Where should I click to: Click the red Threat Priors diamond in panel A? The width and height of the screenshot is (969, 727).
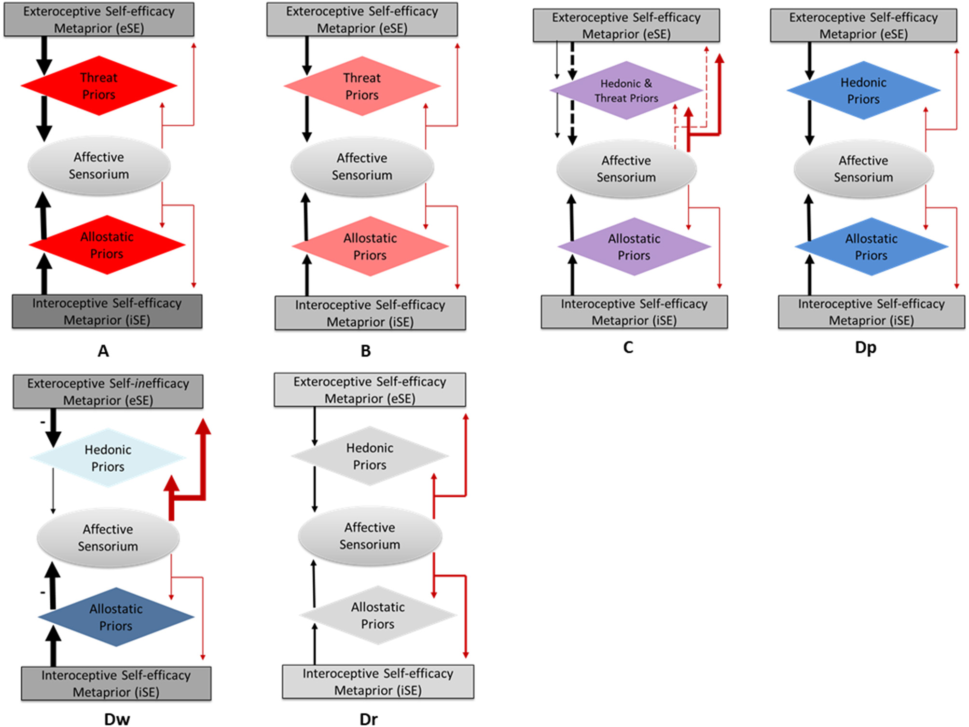(x=98, y=86)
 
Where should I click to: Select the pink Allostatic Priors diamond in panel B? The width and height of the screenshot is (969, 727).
(x=370, y=247)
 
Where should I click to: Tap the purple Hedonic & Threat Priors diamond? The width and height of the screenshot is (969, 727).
(x=626, y=91)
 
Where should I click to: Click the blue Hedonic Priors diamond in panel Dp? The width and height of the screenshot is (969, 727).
(x=863, y=91)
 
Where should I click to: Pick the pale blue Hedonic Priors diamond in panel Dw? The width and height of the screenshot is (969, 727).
(x=108, y=458)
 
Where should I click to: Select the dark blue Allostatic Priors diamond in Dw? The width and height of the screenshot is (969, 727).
(x=116, y=617)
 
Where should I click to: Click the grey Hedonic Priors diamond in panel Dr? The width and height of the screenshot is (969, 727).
(x=369, y=456)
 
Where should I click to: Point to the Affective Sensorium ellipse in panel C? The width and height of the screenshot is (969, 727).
(x=626, y=169)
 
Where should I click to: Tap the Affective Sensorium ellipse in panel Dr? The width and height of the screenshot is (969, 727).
(x=369, y=535)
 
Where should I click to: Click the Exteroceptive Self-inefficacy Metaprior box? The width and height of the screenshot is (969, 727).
(x=108, y=392)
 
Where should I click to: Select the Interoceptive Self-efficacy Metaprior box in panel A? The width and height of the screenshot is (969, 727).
(x=107, y=312)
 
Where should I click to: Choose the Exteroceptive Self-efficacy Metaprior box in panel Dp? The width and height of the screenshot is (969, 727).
(x=863, y=26)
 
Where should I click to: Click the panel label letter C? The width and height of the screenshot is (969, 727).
(x=628, y=347)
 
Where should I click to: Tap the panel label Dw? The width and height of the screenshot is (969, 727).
(x=117, y=719)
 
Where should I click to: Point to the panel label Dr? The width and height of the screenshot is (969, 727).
(x=368, y=719)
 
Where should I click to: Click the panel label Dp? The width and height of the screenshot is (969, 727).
(x=865, y=347)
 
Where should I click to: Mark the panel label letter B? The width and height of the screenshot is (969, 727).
(x=366, y=351)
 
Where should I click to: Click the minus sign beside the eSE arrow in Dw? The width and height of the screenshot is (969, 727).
(x=42, y=423)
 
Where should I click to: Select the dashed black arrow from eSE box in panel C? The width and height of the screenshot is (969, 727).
(x=572, y=60)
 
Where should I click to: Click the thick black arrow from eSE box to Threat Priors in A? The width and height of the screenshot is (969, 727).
(x=44, y=55)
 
